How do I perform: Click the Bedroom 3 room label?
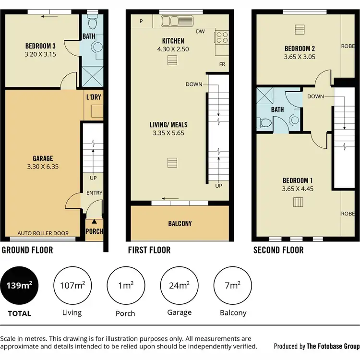tap(40, 46)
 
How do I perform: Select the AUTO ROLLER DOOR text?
tap(43, 233)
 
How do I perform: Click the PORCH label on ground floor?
tap(94, 231)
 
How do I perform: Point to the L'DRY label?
tap(94, 97)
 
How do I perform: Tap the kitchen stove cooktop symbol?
tap(221, 36)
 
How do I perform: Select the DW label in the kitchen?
tap(201, 31)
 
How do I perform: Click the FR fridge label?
tap(222, 64)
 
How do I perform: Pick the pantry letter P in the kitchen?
tap(142, 21)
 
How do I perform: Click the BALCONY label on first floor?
tap(180, 224)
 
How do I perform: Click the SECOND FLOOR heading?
tap(278, 250)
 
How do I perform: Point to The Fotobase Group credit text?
tap(333, 346)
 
